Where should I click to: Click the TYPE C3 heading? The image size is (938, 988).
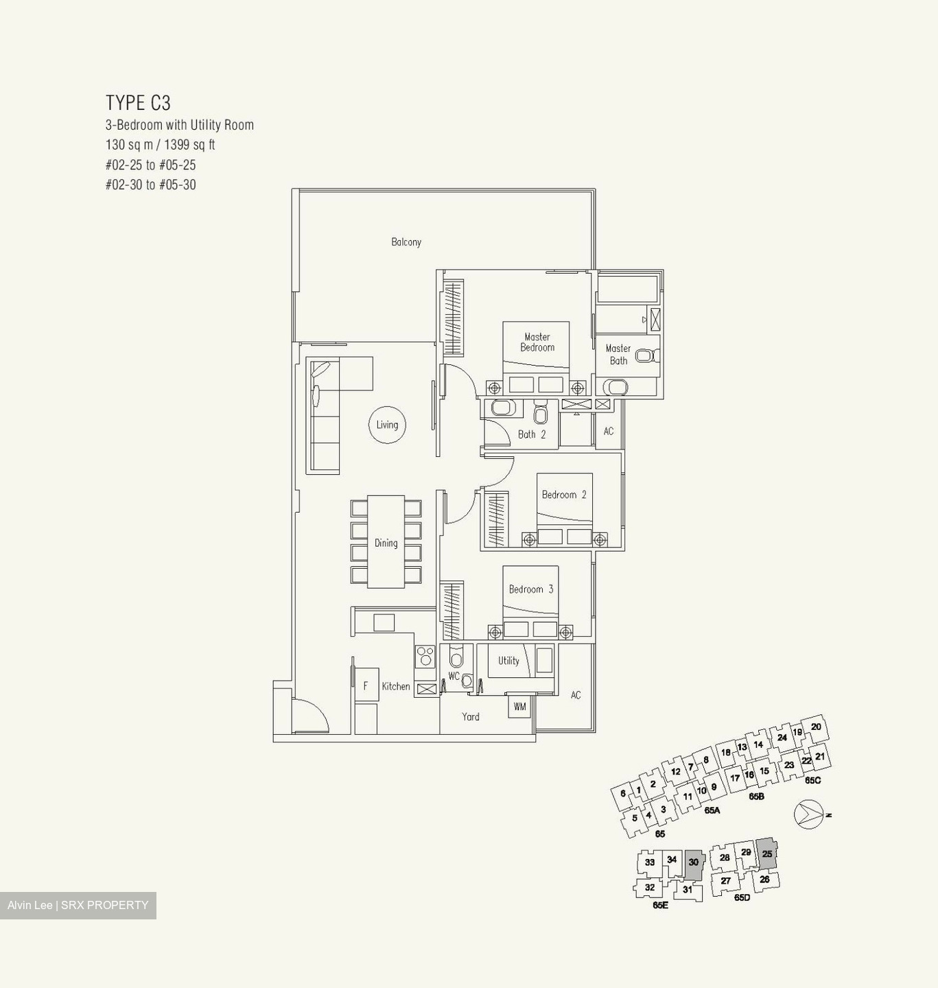coord(138,103)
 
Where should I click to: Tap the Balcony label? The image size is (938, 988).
coord(406,242)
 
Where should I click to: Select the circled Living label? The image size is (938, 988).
coord(387,425)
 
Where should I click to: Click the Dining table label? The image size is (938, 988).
coord(386,543)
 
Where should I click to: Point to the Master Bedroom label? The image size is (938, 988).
coord(537,342)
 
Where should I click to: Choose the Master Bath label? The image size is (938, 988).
coord(618,355)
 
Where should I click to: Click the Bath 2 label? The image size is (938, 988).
coord(532,434)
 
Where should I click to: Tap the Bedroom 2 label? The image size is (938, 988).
coord(563,495)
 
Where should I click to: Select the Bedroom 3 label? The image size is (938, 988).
coord(530,589)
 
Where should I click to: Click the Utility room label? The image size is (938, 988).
coord(508,661)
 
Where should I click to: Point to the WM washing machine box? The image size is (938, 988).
coord(519,707)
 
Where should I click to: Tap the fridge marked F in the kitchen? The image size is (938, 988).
coord(366,685)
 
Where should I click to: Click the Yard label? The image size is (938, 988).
coord(470,717)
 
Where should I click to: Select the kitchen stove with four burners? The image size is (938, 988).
coord(425,657)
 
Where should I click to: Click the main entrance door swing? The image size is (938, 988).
coord(309,717)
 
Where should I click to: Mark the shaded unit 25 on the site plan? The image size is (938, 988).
coord(766,854)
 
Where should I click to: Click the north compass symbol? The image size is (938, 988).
coord(808,814)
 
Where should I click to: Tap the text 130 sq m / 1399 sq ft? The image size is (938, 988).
coord(160,145)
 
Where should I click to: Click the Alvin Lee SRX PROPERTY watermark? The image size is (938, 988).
coord(78,905)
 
